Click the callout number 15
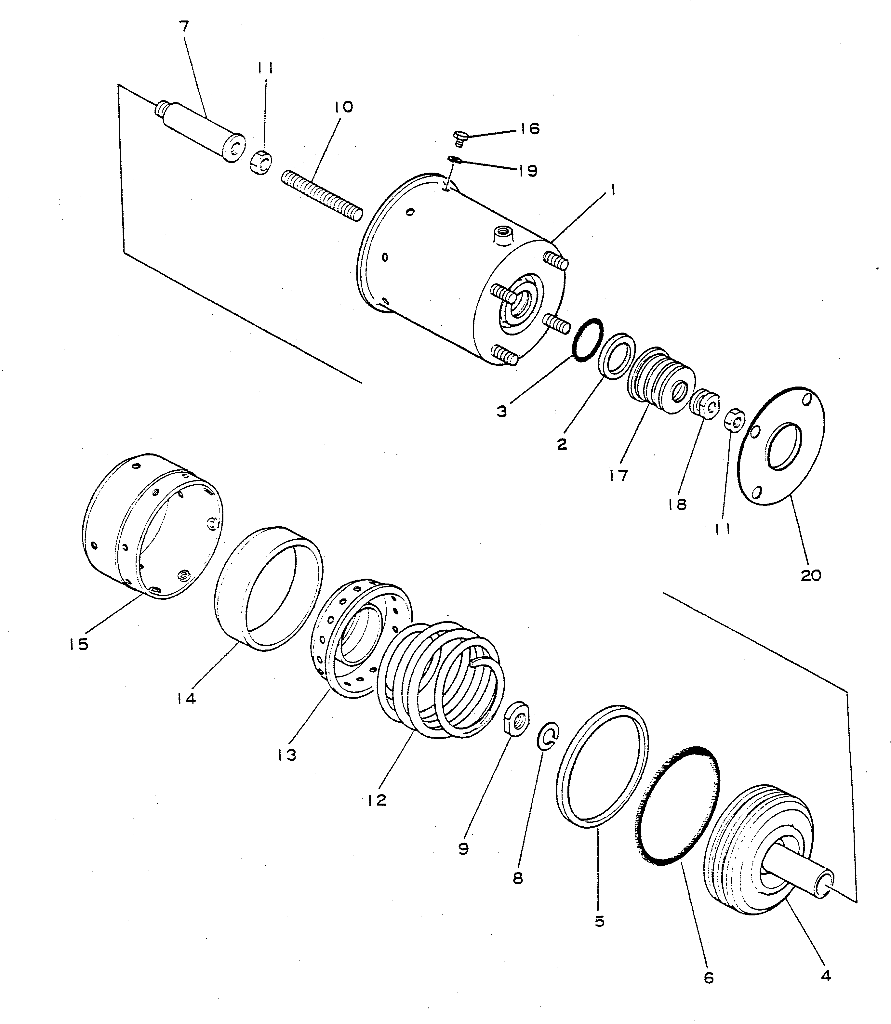tap(79, 644)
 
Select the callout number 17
tap(618, 475)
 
